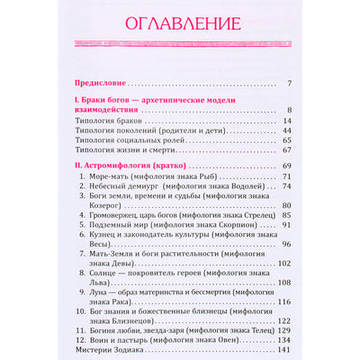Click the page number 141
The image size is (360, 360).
(x=283, y=350)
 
